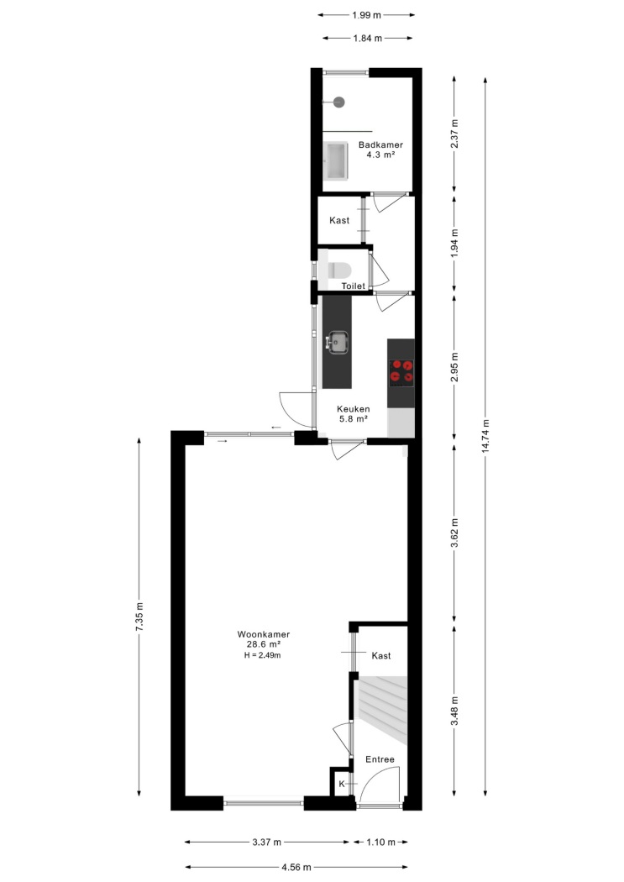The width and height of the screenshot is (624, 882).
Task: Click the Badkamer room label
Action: pos(380,144)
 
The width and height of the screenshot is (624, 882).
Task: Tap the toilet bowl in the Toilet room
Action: pos(339,270)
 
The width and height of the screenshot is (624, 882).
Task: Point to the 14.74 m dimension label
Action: pos(486,436)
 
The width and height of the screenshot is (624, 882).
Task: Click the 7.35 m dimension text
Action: pos(140,617)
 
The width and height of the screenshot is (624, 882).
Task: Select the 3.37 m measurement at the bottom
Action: pos(266,842)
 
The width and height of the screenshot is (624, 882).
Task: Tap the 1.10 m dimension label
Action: pos(380,842)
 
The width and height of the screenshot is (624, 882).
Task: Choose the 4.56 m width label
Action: pos(296,868)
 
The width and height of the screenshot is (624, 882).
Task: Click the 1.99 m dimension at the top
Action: pos(366,15)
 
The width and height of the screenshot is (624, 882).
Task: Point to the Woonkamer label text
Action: pos(264,634)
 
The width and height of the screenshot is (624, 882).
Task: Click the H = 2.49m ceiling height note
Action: pos(263,655)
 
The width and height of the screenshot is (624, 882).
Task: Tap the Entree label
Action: pos(380,759)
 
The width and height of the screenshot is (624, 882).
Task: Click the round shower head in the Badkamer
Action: pos(338,102)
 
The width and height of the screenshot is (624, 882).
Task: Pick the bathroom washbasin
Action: pos(336,161)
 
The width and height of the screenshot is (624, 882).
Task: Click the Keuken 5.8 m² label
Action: pos(353,414)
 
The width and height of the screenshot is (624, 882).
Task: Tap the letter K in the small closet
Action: pos(342,784)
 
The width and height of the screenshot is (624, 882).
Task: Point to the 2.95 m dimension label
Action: pos(455,367)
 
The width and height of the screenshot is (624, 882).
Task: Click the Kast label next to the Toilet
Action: pos(339,220)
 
